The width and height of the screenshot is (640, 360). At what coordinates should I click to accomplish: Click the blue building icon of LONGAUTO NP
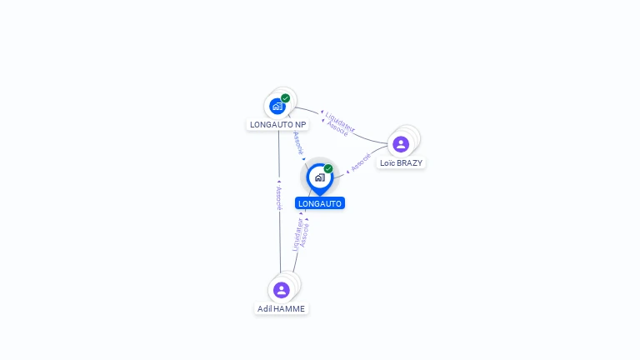pos(277,106)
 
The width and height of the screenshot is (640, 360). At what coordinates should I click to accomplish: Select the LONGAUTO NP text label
pos(278,125)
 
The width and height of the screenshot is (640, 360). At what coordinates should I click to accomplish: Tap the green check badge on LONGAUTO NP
pos(286,98)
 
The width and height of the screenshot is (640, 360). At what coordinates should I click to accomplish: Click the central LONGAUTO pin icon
pos(319,177)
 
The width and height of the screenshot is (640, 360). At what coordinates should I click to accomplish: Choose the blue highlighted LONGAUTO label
pos(320,203)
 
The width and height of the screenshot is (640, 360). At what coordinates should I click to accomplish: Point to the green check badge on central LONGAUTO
pos(328,168)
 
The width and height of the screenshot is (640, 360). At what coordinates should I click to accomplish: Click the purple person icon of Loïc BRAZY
pos(401,143)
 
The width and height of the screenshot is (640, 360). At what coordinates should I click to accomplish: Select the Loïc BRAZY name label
pos(401,163)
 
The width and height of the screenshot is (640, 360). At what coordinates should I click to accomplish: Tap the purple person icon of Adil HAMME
pos(282,289)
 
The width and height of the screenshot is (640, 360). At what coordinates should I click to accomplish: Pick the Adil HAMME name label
pos(282,309)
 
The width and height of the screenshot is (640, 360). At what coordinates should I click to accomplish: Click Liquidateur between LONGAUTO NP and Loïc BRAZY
pos(340,121)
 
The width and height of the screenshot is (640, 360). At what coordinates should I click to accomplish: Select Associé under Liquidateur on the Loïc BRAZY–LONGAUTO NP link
pos(337,130)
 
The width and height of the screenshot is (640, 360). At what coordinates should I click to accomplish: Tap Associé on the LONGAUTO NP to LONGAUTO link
pos(298,142)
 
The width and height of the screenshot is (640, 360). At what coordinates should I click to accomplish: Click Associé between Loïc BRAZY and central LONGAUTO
pos(361,162)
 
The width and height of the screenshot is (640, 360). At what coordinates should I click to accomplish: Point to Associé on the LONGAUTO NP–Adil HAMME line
pos(280,198)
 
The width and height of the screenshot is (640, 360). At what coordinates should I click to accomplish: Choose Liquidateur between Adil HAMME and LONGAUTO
pos(297,234)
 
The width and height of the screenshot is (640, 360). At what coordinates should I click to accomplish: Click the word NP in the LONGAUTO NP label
pos(300,125)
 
